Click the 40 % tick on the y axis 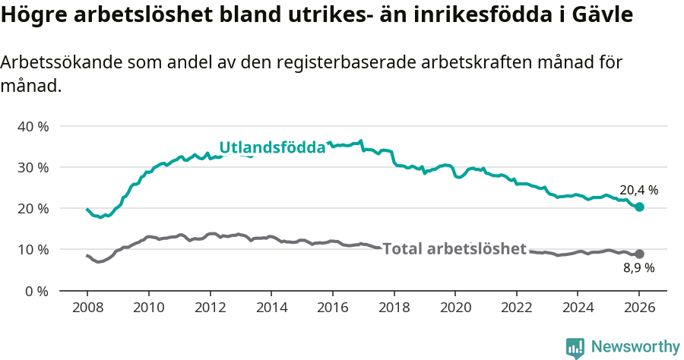pyautogui.click(x=33, y=126)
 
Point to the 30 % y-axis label pyautogui.click(x=33, y=167)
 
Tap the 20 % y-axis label pyautogui.click(x=33, y=208)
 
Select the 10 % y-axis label pyautogui.click(x=33, y=249)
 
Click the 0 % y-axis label pyautogui.click(x=36, y=291)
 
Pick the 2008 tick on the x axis pyautogui.click(x=87, y=308)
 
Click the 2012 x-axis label pyautogui.click(x=210, y=308)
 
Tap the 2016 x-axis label pyautogui.click(x=332, y=308)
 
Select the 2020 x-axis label pyautogui.click(x=455, y=308)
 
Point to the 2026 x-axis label pyautogui.click(x=639, y=308)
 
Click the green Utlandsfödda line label pyautogui.click(x=272, y=147)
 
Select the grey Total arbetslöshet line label pyautogui.click(x=454, y=248)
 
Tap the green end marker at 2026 pyautogui.click(x=639, y=207)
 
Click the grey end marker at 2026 pyautogui.click(x=639, y=254)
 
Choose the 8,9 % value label pyautogui.click(x=638, y=268)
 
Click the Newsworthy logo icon pyautogui.click(x=575, y=348)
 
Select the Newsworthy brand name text pyautogui.click(x=635, y=347)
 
